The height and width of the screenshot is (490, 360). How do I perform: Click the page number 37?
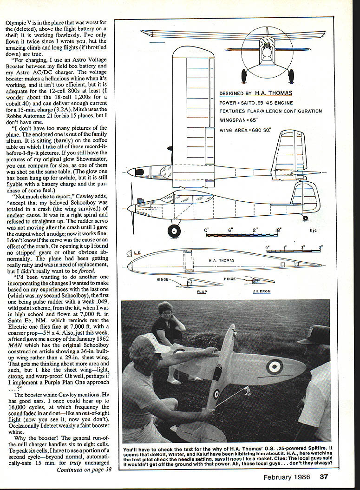324,476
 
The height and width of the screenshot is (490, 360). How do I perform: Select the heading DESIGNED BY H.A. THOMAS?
253,93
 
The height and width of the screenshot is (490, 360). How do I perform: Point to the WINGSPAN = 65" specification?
240,120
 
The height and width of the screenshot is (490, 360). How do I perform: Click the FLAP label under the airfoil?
202,291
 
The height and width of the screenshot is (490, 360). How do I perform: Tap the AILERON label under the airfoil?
262,291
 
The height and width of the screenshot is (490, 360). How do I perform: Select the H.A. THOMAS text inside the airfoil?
222,260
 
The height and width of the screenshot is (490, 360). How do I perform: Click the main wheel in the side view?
174,230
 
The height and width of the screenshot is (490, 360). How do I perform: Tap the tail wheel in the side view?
305,218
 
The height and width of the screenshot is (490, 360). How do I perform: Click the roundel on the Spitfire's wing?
275,367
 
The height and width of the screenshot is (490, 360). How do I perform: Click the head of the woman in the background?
166,310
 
